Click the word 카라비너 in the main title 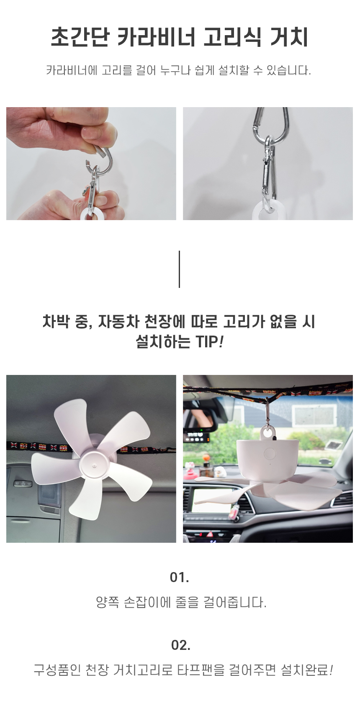click(156, 37)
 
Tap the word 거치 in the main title click(289, 37)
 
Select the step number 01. click(179, 577)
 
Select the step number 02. click(181, 645)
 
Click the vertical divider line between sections click(179, 269)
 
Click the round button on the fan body click(270, 454)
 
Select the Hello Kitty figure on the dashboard click(189, 472)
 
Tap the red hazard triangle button click(210, 534)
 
